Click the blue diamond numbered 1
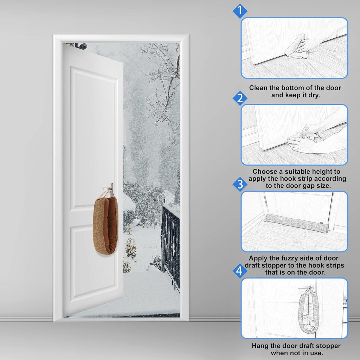[240, 11]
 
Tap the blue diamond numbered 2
[240, 98]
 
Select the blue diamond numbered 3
[240, 184]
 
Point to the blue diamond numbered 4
[240, 271]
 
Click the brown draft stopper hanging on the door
[105, 225]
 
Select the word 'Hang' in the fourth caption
[259, 346]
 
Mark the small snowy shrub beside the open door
[130, 246]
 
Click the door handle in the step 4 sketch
[304, 288]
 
